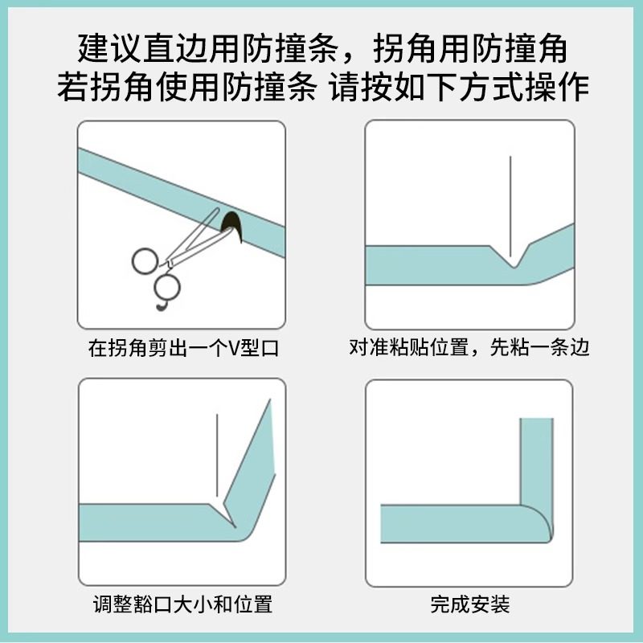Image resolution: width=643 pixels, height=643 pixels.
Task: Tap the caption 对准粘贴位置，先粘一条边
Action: click(469, 348)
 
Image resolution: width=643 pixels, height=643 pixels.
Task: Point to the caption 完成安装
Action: click(470, 604)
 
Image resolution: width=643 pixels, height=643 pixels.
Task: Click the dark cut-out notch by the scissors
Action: click(233, 225)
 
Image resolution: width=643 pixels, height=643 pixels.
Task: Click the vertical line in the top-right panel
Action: click(510, 201)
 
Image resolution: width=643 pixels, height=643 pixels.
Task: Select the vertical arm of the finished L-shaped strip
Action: click(536, 458)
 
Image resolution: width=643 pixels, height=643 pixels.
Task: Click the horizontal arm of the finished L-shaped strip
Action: click(450, 522)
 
